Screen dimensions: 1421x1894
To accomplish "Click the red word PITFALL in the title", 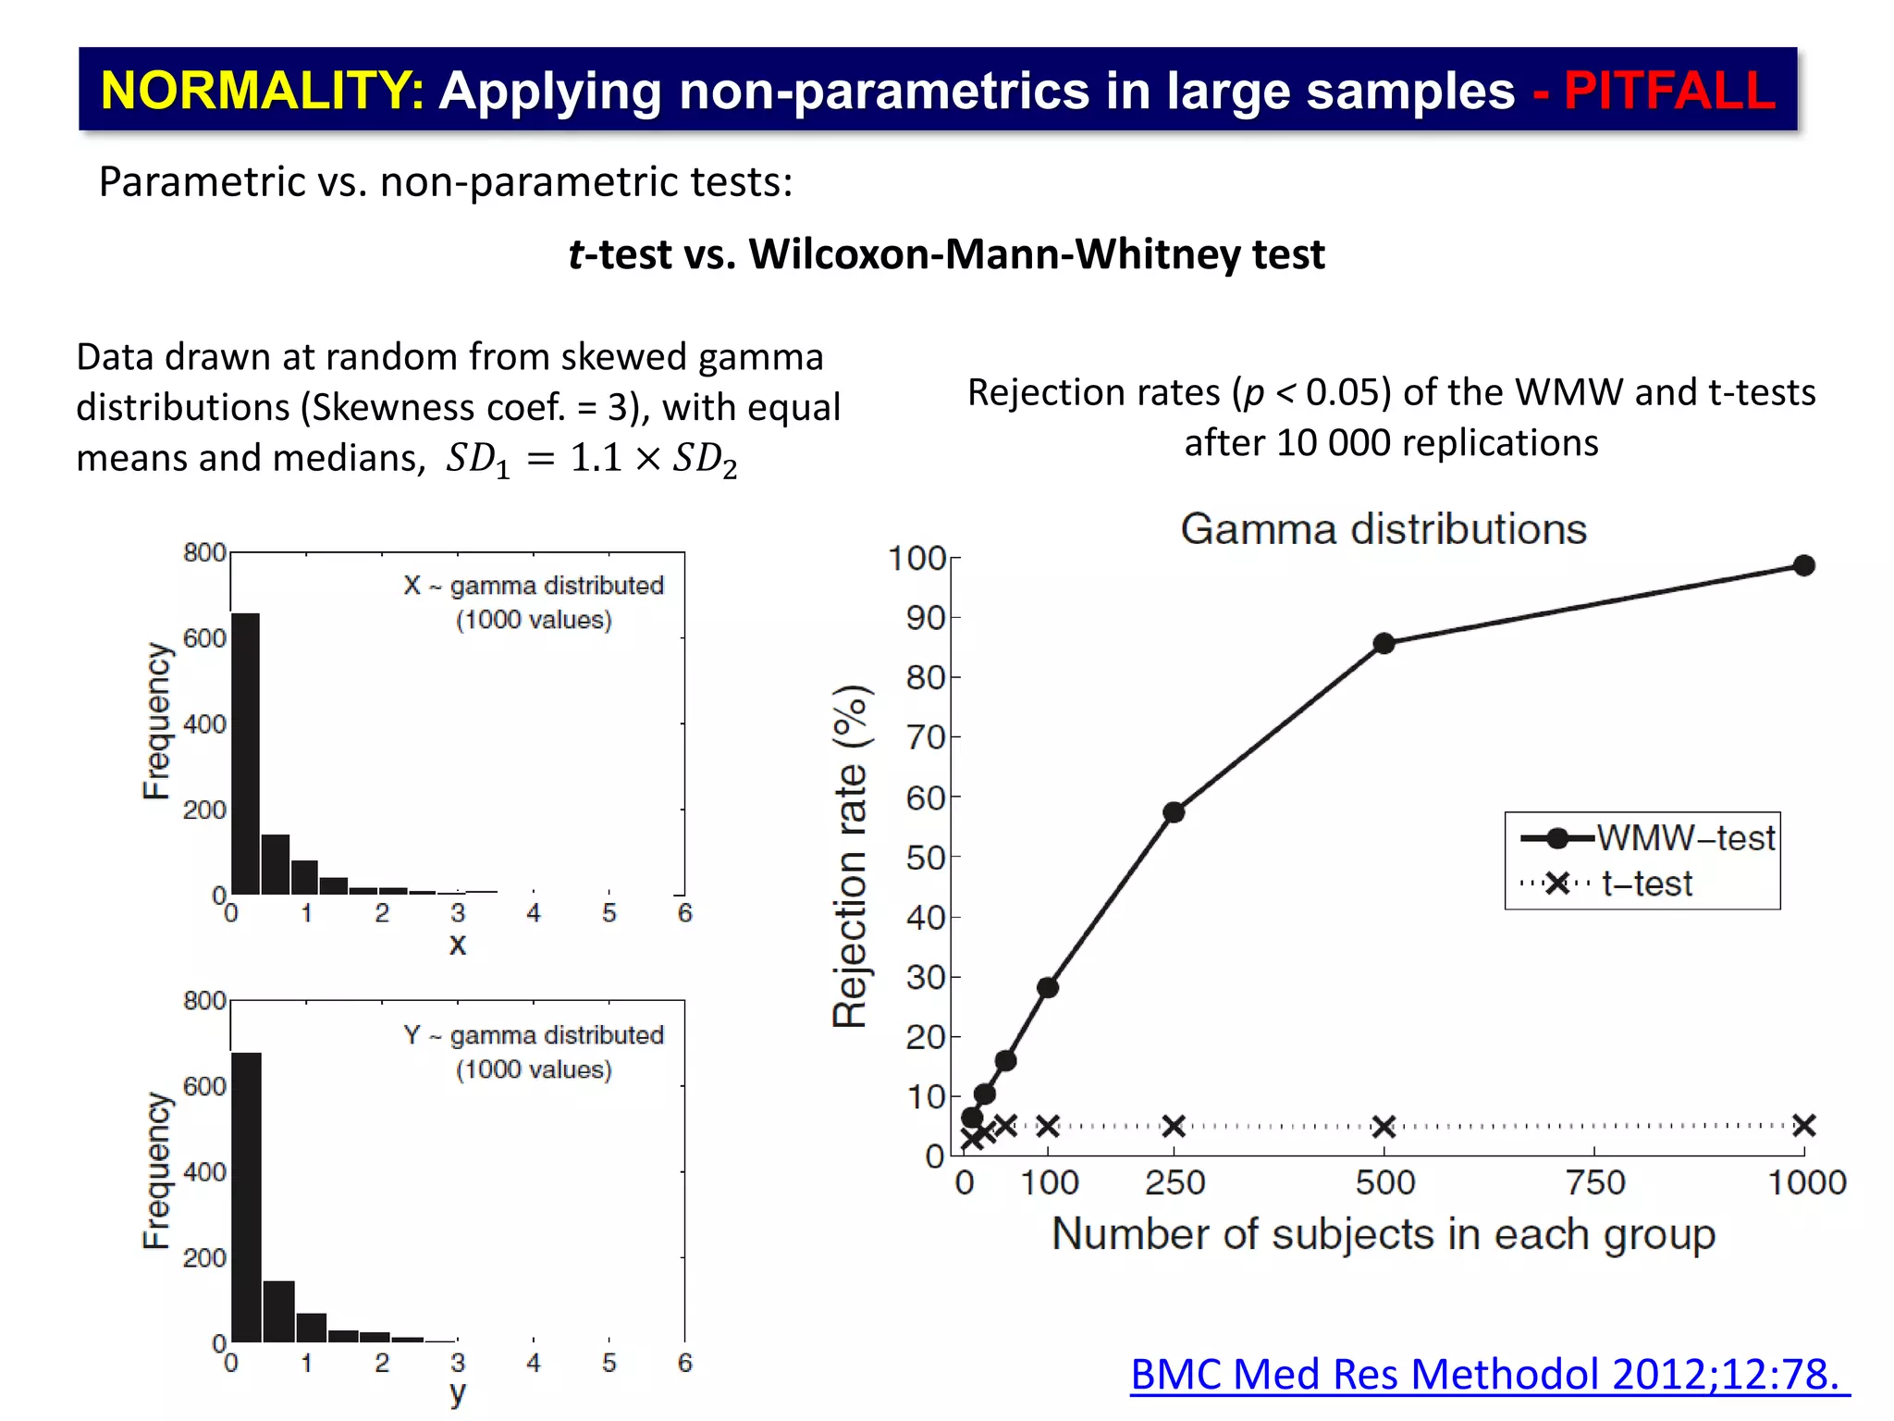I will pyautogui.click(x=1668, y=91).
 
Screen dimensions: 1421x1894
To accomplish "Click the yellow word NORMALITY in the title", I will pyautogui.click(x=261, y=91).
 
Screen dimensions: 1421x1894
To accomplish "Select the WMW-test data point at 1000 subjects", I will pyautogui.click(x=1803, y=565).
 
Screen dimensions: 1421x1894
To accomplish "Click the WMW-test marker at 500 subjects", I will pyautogui.click(x=1384, y=644).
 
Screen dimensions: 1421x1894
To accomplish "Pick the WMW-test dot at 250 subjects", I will pyautogui.click(x=1174, y=812).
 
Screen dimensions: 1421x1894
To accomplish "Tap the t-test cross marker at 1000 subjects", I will pyautogui.click(x=1803, y=1126).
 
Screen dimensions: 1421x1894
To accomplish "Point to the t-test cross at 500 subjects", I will pyautogui.click(x=1384, y=1127).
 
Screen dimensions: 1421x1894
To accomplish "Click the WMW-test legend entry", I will pyautogui.click(x=1646, y=838).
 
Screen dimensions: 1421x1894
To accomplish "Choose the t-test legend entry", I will pyautogui.click(x=1609, y=883).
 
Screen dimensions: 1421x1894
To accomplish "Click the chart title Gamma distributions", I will pyautogui.click(x=1384, y=529).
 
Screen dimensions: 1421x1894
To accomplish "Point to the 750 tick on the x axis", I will pyautogui.click(x=1595, y=1182).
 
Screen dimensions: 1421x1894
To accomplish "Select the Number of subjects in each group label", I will pyautogui.click(x=1384, y=1234).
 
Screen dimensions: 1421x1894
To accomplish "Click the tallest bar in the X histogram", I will pyautogui.click(x=245, y=754).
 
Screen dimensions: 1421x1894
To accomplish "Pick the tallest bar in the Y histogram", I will pyautogui.click(x=246, y=1197).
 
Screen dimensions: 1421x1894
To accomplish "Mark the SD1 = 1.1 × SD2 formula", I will pyautogui.click(x=592, y=459).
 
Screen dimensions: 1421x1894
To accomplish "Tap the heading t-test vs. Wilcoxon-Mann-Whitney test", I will pyautogui.click(x=946, y=254).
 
